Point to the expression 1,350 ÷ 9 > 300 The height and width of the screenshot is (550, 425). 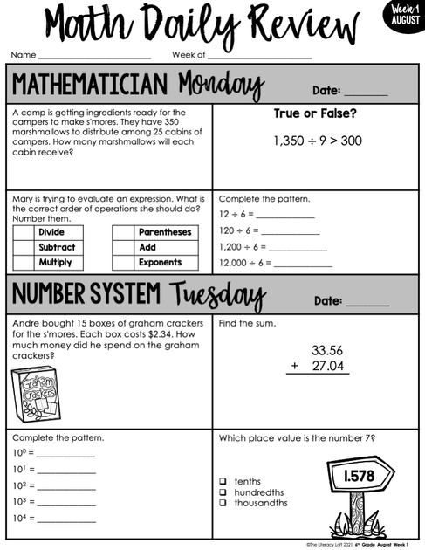pyautogui.click(x=317, y=140)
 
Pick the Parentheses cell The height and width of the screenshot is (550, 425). pyautogui.click(x=165, y=232)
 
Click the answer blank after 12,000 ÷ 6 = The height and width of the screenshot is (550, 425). pyautogui.click(x=302, y=264)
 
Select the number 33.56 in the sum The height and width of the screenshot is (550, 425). pyautogui.click(x=327, y=349)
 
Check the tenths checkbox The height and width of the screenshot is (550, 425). pyautogui.click(x=223, y=481)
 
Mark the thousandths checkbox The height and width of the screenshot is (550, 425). pyautogui.click(x=223, y=503)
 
